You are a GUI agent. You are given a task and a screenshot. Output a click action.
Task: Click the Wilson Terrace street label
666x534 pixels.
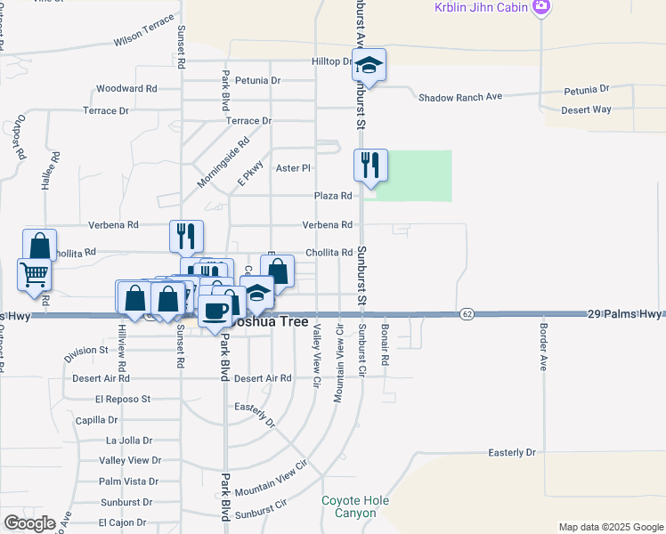pyautogui.click(x=143, y=42)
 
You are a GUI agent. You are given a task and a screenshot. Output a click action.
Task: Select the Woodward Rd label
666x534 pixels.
pyautogui.click(x=126, y=89)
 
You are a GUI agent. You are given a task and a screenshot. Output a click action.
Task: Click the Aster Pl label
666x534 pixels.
pyautogui.click(x=293, y=167)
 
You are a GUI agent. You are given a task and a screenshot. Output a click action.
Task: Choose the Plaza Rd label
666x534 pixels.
pyautogui.click(x=333, y=196)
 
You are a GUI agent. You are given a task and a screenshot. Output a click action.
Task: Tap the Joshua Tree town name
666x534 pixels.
pyautogui.click(x=271, y=323)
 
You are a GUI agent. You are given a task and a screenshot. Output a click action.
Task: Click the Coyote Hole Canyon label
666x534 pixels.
pyautogui.click(x=355, y=506)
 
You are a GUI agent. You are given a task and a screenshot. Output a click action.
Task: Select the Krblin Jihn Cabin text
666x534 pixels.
pyautogui.click(x=481, y=7)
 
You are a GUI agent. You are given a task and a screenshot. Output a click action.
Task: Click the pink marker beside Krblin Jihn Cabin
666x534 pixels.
pyautogui.click(x=540, y=7)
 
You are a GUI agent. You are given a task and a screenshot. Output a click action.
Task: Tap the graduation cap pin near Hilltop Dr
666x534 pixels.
pyautogui.click(x=369, y=65)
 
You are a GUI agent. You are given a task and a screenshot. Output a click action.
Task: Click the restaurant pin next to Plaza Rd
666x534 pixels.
pyautogui.click(x=370, y=166)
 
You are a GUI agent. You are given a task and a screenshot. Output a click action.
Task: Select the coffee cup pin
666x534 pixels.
pyautogui.click(x=215, y=311)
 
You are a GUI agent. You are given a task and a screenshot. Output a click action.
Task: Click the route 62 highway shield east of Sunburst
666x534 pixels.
pyautogui.click(x=467, y=314)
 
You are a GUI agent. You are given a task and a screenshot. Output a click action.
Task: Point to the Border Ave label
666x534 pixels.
pyautogui.click(x=543, y=345)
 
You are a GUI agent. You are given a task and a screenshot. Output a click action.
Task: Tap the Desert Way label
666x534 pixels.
pyautogui.click(x=586, y=109)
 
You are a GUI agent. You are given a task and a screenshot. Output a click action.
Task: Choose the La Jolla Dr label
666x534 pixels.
pyautogui.click(x=130, y=440)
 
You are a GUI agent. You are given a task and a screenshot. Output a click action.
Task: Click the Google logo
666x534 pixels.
pyautogui.click(x=29, y=523)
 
